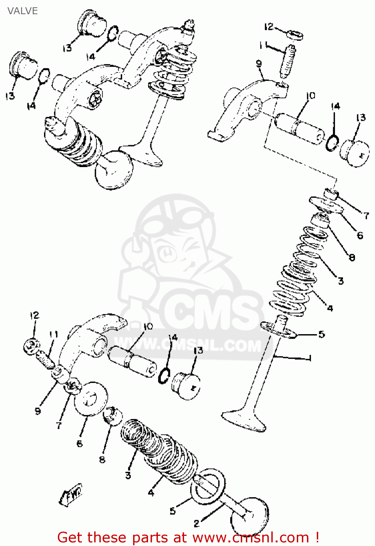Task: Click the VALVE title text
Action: click(x=23, y=11)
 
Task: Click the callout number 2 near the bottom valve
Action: click(x=197, y=523)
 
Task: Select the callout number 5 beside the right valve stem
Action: click(x=322, y=334)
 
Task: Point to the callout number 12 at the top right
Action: click(x=269, y=27)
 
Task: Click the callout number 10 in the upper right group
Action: click(x=311, y=96)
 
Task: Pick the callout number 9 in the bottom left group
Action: click(x=37, y=411)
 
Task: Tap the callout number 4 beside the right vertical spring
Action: click(x=330, y=308)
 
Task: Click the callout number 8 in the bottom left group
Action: click(x=102, y=460)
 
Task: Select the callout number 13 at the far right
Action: click(x=361, y=118)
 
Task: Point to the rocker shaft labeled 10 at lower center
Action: click(x=133, y=361)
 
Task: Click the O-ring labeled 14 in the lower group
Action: click(x=165, y=375)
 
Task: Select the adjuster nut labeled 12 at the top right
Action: click(x=296, y=36)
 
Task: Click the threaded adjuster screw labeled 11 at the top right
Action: click(x=288, y=63)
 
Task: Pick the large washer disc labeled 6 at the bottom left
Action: click(x=91, y=399)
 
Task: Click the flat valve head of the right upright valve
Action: click(x=244, y=420)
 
